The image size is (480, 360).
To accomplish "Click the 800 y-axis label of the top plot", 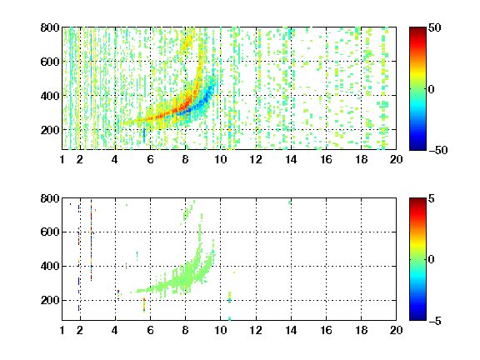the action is point(50,27).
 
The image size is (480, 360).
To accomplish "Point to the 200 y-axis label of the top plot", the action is point(50,130).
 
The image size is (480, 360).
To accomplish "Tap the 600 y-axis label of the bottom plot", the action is point(50,232).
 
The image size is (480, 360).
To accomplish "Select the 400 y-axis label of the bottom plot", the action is point(50,266).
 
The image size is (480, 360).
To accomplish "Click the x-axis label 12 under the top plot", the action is point(256,159).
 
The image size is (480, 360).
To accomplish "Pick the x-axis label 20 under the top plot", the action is point(396,159).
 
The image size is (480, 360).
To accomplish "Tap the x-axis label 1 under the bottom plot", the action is point(62,330).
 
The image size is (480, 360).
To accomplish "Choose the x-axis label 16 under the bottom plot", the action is point(326,330).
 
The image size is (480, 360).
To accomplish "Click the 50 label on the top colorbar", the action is point(435,27).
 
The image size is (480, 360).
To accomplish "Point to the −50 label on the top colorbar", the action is point(438,150).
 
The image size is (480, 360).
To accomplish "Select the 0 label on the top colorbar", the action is point(432,89).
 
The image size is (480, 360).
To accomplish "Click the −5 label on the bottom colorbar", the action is point(435,321).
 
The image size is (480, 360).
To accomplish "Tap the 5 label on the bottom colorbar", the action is point(432,198).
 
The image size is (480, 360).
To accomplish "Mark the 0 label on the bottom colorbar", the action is point(432,260).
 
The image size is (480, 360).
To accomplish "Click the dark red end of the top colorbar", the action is point(417,29).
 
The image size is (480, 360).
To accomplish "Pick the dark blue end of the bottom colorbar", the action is point(417,318).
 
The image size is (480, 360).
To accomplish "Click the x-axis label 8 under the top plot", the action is point(185,159).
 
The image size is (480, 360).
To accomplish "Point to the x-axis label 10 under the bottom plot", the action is point(220,330).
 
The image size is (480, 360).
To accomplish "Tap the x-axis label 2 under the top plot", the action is point(80,159).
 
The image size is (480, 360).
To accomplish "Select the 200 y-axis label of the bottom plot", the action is point(50,300).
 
